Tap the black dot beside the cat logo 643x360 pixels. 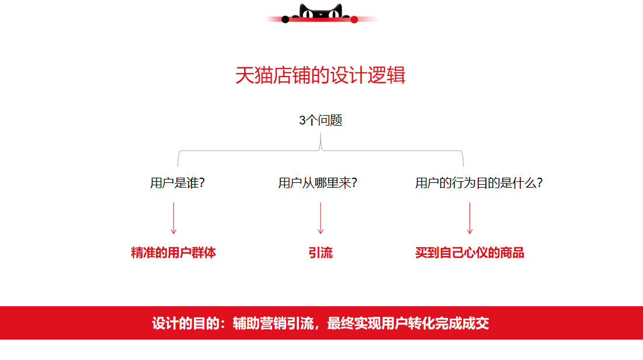tap(286, 19)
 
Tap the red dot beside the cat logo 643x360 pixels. tap(354, 19)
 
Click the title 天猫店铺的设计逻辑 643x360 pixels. tap(320, 75)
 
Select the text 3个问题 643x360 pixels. tap(321, 120)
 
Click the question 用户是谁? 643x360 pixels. tap(177, 183)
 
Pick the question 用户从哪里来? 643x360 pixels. tap(317, 183)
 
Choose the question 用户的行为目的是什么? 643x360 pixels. tap(479, 183)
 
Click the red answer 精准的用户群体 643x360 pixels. tap(173, 252)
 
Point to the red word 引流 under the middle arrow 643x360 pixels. tap(321, 252)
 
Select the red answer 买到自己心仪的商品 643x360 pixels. tap(470, 252)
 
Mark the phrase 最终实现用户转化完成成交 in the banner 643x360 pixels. tap(408, 323)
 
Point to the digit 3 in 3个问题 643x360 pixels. tap(302, 120)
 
